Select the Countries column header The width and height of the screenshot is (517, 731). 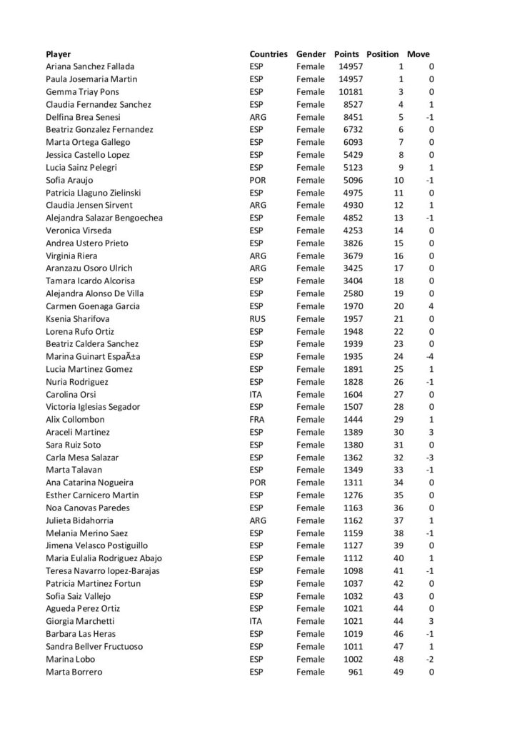point(268,54)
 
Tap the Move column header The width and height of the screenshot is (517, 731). point(418,54)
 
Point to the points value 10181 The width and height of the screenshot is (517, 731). point(351,91)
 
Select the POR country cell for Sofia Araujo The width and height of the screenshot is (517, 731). point(258,180)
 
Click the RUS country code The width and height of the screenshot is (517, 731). point(258,318)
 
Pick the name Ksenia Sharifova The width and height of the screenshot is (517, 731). point(80,318)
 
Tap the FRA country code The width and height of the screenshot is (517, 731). point(257,420)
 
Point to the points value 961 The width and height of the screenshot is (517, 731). point(355,672)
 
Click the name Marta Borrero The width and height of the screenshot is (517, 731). point(74,672)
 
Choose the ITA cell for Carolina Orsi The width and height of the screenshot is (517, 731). point(256,394)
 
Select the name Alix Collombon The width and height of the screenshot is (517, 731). point(75,420)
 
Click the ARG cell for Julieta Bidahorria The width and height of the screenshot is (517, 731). point(258,520)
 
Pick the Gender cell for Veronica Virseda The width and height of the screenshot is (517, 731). point(310,231)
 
